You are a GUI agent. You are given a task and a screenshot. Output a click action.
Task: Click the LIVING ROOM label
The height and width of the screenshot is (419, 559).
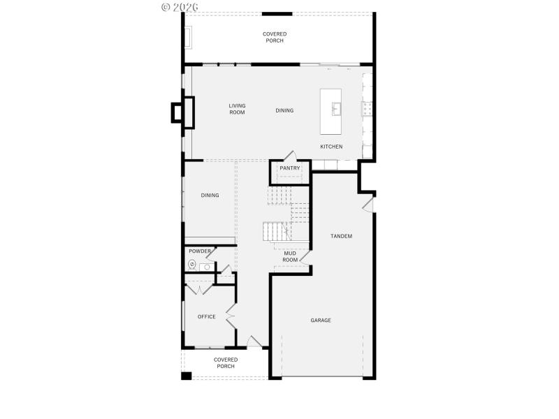[237, 109]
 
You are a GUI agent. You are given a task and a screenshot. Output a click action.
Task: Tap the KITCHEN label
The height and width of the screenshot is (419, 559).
[331, 147]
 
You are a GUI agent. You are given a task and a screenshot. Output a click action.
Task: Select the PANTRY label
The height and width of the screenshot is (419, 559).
[290, 168]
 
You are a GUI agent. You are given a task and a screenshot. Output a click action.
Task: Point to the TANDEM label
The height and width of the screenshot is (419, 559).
[341, 236]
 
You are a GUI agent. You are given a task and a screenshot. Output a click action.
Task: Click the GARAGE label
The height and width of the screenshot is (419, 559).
[321, 321]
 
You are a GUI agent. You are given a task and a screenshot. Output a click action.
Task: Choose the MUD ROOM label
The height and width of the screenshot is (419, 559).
[290, 256]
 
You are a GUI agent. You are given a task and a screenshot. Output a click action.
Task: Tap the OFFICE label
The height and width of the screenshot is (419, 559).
[206, 316]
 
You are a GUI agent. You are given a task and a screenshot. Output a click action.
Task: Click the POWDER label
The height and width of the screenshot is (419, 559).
[200, 251]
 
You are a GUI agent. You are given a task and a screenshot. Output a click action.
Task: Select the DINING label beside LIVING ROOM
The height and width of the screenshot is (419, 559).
[284, 110]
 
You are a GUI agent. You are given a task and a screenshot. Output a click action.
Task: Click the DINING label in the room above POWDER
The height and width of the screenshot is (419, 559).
[210, 196]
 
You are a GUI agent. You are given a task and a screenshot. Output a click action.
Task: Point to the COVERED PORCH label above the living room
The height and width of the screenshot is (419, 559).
[275, 37]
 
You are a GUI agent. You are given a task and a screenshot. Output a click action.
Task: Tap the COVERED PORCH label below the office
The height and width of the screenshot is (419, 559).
[226, 363]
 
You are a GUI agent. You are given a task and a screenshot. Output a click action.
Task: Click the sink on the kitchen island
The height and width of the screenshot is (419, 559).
[336, 108]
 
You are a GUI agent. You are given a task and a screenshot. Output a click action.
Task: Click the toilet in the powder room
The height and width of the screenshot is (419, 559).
[192, 264]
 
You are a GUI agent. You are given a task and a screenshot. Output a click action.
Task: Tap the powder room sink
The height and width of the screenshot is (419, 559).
[207, 267]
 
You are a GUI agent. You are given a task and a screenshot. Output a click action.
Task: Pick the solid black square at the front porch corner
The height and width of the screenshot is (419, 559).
[186, 376]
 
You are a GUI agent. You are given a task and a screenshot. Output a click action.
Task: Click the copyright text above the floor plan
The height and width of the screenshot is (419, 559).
[180, 6]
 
